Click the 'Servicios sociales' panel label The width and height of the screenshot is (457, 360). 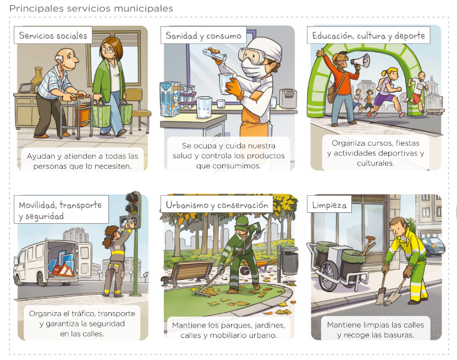tap(53, 36)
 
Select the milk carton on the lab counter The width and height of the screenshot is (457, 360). tap(170, 99)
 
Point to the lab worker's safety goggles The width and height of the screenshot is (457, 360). tap(251, 56)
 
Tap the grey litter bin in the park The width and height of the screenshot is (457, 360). tap(290, 261)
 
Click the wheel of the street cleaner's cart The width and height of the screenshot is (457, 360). tap(328, 276)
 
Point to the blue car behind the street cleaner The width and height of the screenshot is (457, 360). tap(433, 246)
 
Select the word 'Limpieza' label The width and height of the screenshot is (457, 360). tap(329, 205)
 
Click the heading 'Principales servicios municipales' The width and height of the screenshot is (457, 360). tap(91, 8)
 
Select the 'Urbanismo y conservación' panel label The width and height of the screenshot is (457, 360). tap(217, 205)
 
